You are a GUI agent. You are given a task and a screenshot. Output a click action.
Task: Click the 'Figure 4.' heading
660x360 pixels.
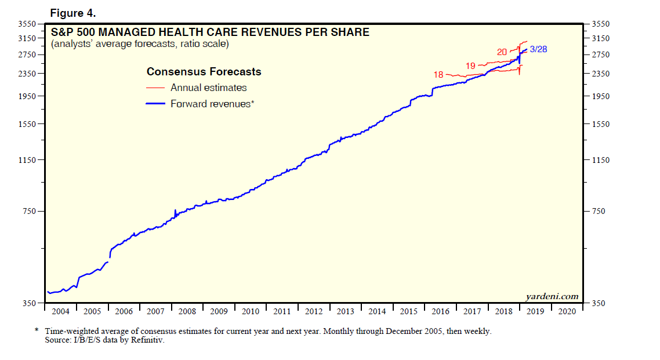coord(73,13)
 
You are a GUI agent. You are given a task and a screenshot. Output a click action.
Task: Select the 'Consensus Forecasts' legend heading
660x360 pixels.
coord(204,72)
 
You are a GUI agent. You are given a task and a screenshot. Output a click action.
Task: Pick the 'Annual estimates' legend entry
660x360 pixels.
coord(208,88)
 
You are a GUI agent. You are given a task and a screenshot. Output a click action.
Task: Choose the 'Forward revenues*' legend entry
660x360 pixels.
coord(212,104)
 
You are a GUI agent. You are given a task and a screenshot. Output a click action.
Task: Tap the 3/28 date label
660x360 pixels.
coord(538,49)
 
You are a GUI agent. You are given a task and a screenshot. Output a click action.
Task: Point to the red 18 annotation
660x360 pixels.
coord(438,75)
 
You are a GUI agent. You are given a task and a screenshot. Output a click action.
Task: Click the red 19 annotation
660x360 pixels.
coord(470,66)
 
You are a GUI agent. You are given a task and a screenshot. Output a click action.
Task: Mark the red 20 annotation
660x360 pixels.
coord(502,52)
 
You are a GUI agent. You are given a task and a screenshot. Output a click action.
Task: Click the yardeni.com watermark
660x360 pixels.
coord(552,296)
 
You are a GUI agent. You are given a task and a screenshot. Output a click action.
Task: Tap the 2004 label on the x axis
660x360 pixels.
coord(60,311)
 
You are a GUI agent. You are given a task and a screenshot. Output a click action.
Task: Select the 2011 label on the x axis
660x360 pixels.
coord(282,311)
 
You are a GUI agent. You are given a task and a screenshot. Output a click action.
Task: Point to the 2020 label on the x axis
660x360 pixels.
coord(567,311)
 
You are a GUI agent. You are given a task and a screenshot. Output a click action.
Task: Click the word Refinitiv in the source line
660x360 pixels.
coord(150,340)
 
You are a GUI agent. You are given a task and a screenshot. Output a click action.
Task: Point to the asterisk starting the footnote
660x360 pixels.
coord(37,331)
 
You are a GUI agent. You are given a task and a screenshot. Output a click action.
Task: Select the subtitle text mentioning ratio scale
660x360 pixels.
coord(140,44)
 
